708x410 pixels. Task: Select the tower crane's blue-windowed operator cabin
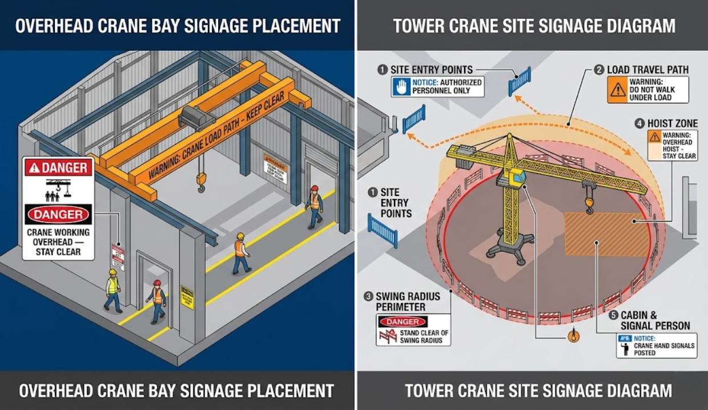(517, 177)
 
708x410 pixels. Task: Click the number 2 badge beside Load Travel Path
(599, 70)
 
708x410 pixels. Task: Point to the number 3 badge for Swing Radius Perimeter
(368, 296)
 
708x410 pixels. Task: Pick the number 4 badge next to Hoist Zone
(639, 123)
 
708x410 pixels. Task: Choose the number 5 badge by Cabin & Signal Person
(613, 315)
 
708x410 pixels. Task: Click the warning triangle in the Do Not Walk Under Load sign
(618, 90)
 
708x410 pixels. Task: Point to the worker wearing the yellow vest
(113, 290)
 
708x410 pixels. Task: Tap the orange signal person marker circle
(574, 336)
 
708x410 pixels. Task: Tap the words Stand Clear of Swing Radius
(425, 336)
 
